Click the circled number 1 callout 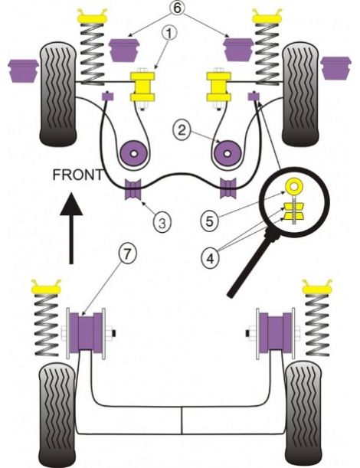[169, 33]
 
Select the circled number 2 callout [182, 130]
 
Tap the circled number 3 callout [162, 222]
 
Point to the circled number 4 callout [211, 258]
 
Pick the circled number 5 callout [210, 221]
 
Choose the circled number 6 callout [177, 8]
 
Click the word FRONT [77, 175]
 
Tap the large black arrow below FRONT [71, 228]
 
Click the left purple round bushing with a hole [133, 153]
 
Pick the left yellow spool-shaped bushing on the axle [142, 87]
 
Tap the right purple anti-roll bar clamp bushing [228, 188]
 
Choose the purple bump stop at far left [23, 70]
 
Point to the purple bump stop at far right [335, 68]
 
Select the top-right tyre [300, 94]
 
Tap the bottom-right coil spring [317, 325]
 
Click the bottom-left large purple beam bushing [86, 332]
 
